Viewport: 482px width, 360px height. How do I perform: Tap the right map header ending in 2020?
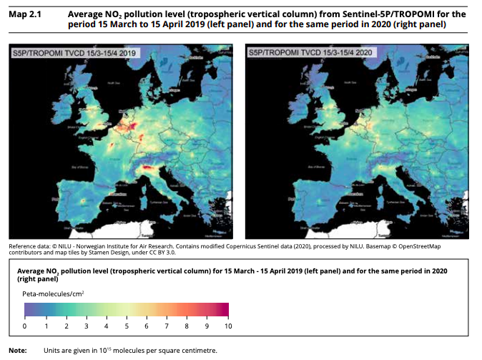[311, 53]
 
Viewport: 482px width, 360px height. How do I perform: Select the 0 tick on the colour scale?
[25, 326]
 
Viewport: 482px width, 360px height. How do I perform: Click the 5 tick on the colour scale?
[127, 326]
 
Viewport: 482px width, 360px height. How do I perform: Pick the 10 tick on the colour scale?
[228, 326]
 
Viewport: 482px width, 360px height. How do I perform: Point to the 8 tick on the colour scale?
[187, 326]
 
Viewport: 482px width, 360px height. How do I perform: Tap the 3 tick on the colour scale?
[86, 326]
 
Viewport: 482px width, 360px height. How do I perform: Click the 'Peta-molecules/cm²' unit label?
[54, 293]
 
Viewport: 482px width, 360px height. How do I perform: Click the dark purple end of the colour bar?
[26, 309]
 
